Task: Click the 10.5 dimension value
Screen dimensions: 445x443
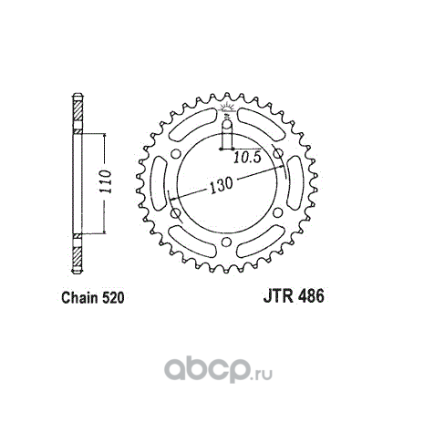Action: pos(247,158)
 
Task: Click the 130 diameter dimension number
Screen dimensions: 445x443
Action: pos(221,185)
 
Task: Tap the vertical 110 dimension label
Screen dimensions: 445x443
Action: pos(107,181)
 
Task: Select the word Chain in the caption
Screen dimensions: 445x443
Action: pos(80,297)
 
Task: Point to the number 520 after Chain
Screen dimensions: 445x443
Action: pos(113,297)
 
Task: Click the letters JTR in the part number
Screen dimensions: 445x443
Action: pos(278,296)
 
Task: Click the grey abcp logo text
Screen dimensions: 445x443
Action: pos(207,370)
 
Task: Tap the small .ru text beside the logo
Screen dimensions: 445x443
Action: pos(262,376)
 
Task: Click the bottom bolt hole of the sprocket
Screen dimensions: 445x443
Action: pos(225,242)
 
